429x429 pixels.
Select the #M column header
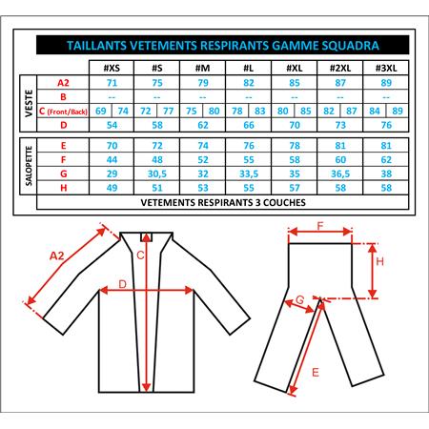(203, 68)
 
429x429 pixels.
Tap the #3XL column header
(386, 68)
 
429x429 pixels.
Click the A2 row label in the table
(63, 83)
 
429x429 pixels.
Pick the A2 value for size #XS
(112, 83)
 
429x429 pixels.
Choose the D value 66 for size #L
(249, 125)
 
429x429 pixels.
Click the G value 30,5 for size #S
(157, 174)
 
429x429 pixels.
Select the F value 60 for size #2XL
(340, 160)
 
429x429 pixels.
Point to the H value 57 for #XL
(295, 188)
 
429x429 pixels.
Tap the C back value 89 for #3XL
(398, 111)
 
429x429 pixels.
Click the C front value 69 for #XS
(101, 111)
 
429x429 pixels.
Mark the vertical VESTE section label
(29, 103)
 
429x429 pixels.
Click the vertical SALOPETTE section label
(29, 166)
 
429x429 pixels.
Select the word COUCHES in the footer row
(284, 202)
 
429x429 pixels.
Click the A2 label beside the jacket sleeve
(57, 255)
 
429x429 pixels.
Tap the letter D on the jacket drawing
(122, 284)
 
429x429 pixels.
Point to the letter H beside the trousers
(380, 261)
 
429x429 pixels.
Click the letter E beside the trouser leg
(316, 372)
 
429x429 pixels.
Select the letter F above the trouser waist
(320, 226)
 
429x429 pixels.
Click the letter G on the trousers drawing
(300, 299)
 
